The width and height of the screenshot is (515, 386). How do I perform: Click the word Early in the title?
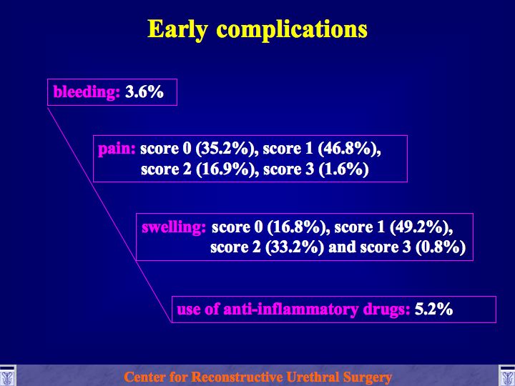pyautogui.click(x=177, y=30)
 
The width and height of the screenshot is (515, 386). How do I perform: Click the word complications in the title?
pyautogui.click(x=292, y=30)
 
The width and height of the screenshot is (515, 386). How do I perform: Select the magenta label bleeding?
pyautogui.click(x=87, y=92)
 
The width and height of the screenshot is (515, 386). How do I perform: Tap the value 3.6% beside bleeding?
pyautogui.click(x=144, y=92)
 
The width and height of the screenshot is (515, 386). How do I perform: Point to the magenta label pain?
pyautogui.click(x=117, y=149)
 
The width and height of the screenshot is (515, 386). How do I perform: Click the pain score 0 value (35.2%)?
pyautogui.click(x=225, y=149)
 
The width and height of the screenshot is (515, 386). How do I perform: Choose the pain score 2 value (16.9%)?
pyautogui.click(x=225, y=169)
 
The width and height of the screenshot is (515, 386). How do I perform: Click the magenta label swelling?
pyautogui.click(x=174, y=227)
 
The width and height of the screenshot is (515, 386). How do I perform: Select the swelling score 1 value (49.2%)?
pyautogui.click(x=421, y=227)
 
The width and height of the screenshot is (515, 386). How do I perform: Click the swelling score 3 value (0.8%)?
pyautogui.click(x=441, y=247)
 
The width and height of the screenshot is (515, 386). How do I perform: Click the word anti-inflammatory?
pyautogui.click(x=291, y=310)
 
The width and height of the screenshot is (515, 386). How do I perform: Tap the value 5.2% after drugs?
pyautogui.click(x=433, y=310)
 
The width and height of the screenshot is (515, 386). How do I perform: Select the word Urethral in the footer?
pyautogui.click(x=313, y=377)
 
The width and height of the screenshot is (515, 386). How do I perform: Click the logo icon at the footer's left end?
pyautogui.click(x=8, y=375)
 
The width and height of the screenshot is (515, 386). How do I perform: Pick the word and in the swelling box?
pyautogui.click(x=342, y=247)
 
